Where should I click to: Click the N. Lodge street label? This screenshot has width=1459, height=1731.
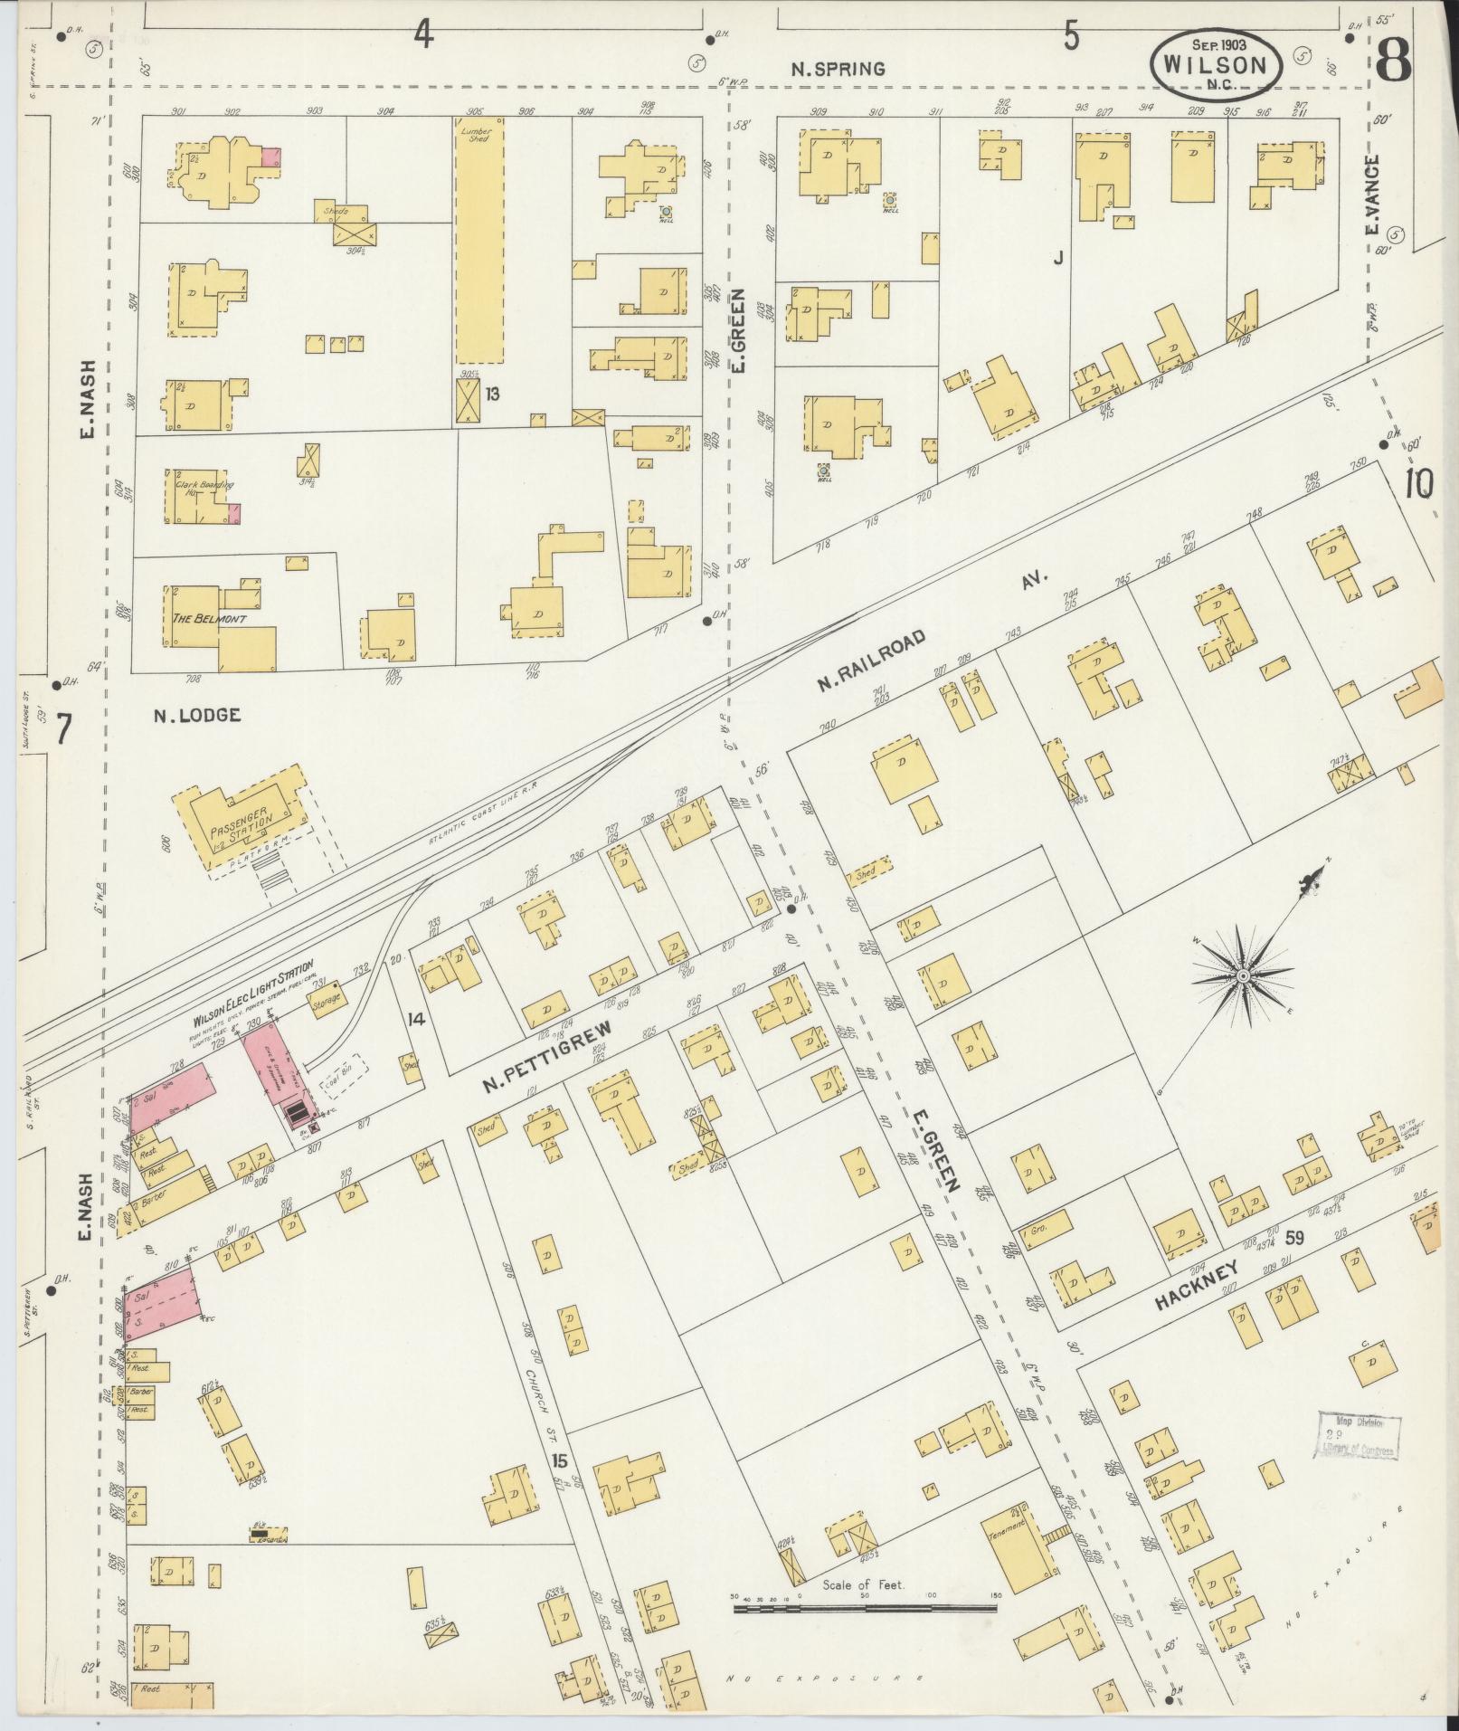click(x=196, y=715)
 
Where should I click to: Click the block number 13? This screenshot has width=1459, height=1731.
click(x=492, y=394)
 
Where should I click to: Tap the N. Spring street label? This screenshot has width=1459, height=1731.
click(x=838, y=69)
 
